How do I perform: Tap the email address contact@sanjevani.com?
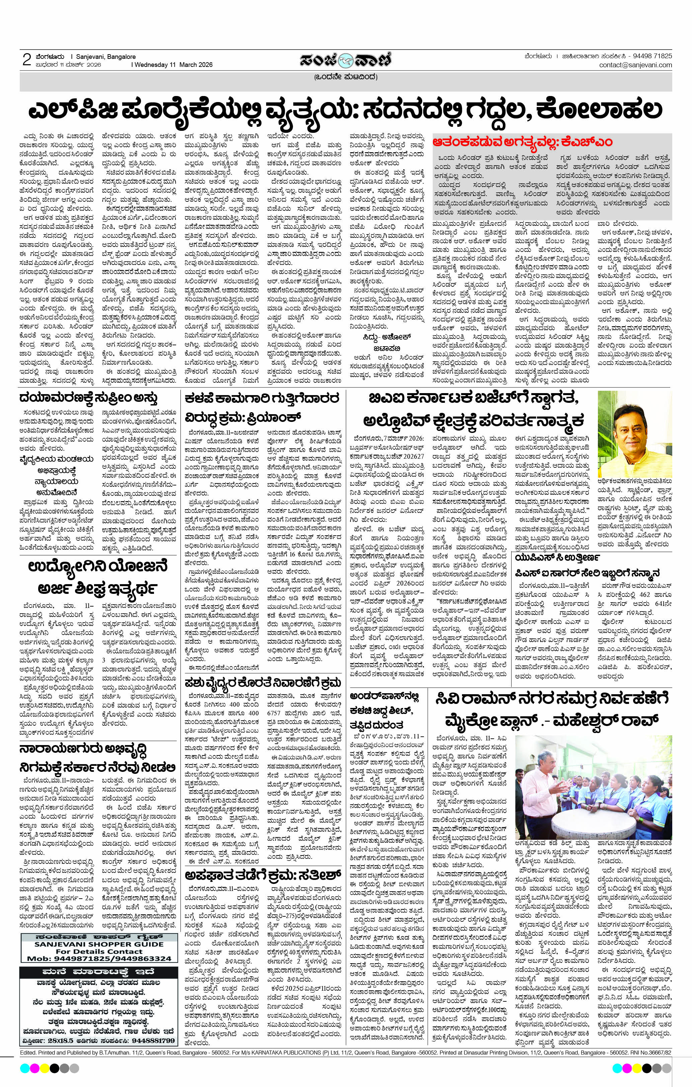635,65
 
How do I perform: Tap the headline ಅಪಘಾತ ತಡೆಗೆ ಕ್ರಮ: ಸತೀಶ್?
265,875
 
